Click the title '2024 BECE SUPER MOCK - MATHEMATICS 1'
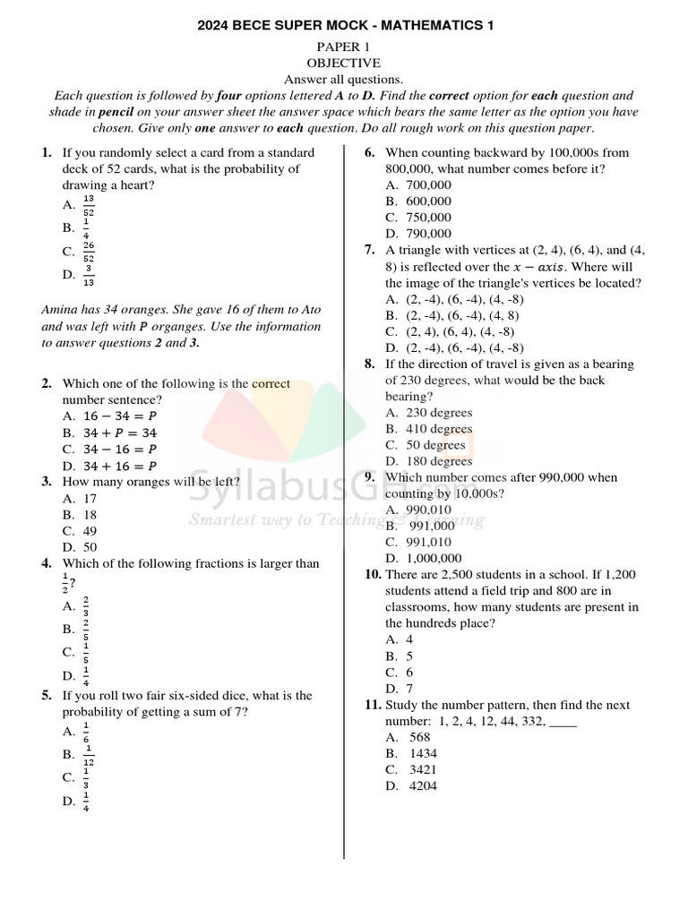[345, 27]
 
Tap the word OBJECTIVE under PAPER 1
[344, 63]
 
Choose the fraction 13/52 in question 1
[89, 205]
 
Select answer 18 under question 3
[90, 514]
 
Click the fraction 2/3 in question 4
[86, 606]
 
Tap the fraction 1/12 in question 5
[89, 755]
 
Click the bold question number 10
[373, 574]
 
